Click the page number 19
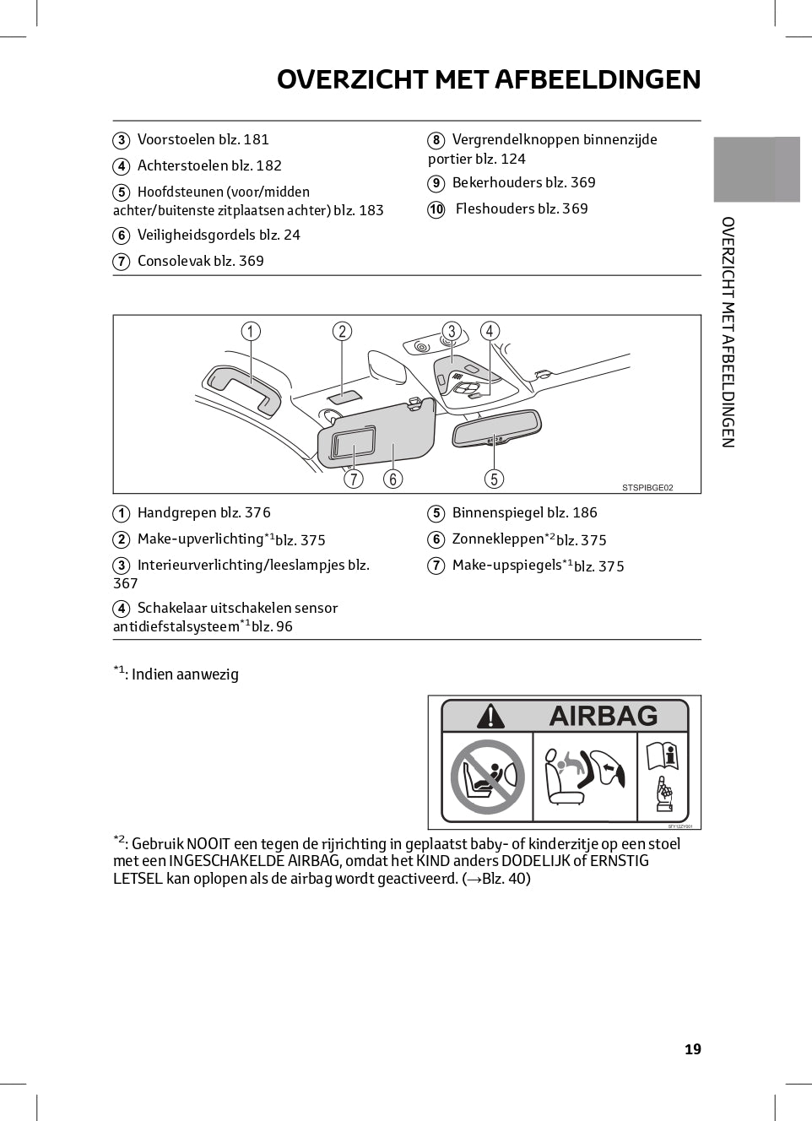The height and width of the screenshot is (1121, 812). click(x=692, y=1049)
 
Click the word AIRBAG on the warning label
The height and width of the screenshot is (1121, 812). click(x=603, y=716)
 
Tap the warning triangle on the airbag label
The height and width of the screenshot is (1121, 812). click(x=490, y=717)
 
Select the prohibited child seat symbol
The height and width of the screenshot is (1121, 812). click(x=487, y=777)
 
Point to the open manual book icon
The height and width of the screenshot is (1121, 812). click(x=663, y=755)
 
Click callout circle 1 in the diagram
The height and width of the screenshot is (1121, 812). click(x=251, y=331)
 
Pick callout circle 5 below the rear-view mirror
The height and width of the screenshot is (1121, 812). click(x=494, y=479)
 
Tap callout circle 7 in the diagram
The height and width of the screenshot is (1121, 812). click(x=354, y=479)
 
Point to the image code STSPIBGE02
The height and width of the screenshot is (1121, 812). click(x=647, y=488)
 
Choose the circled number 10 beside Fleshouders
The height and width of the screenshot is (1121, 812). click(x=436, y=209)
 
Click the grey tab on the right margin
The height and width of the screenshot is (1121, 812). click(x=756, y=169)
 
